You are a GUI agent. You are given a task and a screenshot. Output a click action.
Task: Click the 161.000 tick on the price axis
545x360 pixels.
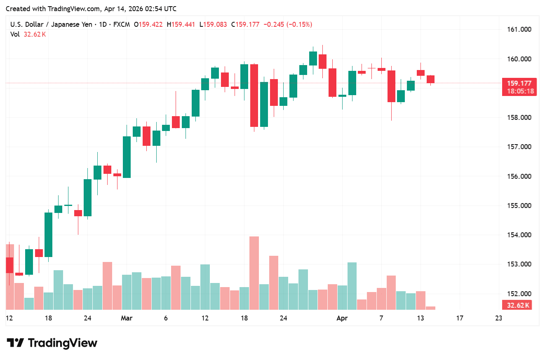pos(519,30)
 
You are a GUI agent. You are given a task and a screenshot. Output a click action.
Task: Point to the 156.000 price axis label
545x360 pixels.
pos(519,176)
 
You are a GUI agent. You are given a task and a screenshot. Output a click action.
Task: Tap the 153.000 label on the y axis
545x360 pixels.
pos(519,264)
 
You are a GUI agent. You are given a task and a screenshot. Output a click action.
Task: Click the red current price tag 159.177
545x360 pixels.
pos(519,83)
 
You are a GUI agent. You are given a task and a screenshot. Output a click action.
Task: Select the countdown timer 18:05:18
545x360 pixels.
pos(519,91)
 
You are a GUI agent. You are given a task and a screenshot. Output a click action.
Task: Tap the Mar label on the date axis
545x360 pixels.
pos(127,318)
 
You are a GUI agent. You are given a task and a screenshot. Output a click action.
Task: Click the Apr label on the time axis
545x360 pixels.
pos(342,318)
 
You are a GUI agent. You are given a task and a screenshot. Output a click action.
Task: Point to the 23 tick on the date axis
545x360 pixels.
pos(499,318)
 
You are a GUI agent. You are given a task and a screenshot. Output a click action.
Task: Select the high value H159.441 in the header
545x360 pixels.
pos(181,25)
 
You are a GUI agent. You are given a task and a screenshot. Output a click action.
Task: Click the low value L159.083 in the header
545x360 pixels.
pos(213,25)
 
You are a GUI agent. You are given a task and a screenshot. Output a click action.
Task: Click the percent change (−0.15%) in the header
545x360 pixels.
pos(298,25)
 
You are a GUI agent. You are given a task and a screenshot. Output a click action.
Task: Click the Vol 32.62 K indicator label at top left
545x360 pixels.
pos(28,35)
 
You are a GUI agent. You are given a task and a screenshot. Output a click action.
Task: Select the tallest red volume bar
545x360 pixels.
pos(254,273)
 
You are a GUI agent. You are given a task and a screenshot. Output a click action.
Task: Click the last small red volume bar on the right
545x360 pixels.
pos(430,308)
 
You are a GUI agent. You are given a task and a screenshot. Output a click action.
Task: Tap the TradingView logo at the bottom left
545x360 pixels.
pos(52,343)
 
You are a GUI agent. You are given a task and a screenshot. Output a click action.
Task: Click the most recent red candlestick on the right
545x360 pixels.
pos(430,79)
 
